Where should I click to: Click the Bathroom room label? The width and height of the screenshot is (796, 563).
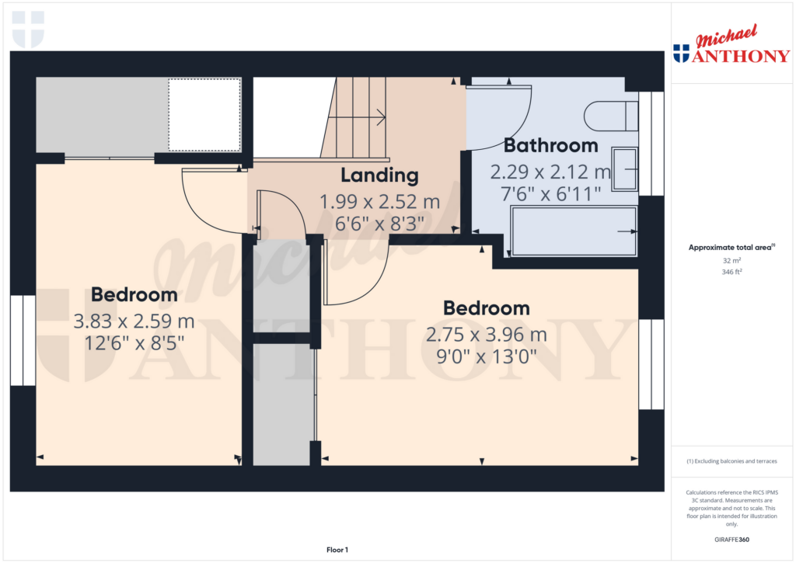pyautogui.click(x=550, y=145)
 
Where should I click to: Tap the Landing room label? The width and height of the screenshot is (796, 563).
pyautogui.click(x=379, y=176)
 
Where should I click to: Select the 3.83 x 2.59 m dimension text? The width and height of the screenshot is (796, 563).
pyautogui.click(x=134, y=320)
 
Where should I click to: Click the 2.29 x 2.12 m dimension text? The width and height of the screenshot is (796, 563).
pyautogui.click(x=550, y=172)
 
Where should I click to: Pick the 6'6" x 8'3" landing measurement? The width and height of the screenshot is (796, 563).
pyautogui.click(x=379, y=224)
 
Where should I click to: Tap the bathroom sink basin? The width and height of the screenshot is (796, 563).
pyautogui.click(x=625, y=169)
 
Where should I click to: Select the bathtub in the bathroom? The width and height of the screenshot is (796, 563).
pyautogui.click(x=574, y=231)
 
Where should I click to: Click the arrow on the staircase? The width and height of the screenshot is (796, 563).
pyautogui.click(x=379, y=118)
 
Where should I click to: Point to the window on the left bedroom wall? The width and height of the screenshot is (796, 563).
pyautogui.click(x=23, y=340)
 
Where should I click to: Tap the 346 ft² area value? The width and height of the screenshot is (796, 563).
pyautogui.click(x=731, y=272)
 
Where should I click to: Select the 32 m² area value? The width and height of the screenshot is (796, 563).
pyautogui.click(x=731, y=262)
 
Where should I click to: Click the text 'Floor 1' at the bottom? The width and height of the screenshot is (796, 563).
pyautogui.click(x=337, y=550)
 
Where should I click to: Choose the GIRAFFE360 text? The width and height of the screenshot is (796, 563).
pyautogui.click(x=731, y=539)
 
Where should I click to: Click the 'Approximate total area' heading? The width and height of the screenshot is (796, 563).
pyautogui.click(x=729, y=248)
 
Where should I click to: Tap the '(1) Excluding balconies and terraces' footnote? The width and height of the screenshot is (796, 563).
pyautogui.click(x=731, y=461)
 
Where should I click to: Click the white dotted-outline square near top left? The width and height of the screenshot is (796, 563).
pyautogui.click(x=204, y=115)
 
